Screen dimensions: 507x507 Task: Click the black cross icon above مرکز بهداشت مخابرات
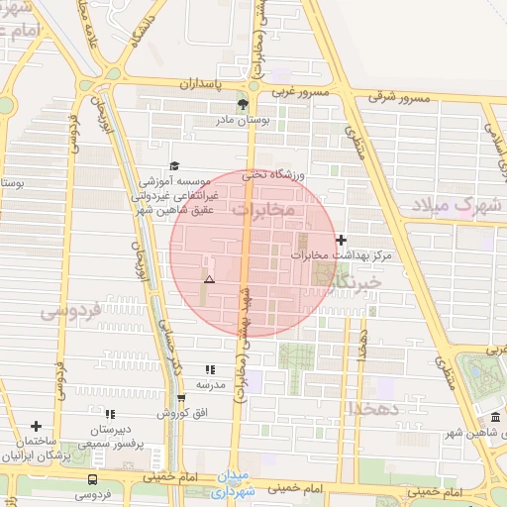point(342,240)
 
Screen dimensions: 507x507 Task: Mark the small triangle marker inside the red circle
point(208,280)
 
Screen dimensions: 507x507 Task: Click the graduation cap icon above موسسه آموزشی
point(174,165)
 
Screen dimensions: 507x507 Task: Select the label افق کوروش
point(184,412)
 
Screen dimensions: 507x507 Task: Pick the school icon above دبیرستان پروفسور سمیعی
point(109,414)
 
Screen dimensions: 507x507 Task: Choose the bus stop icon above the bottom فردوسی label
point(92,479)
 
